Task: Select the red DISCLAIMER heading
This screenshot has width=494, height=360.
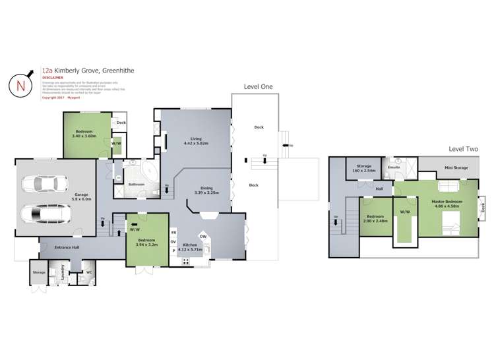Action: coord(53,76)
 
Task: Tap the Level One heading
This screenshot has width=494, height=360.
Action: coord(258,86)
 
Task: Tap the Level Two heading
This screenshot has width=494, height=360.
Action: coord(462,150)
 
